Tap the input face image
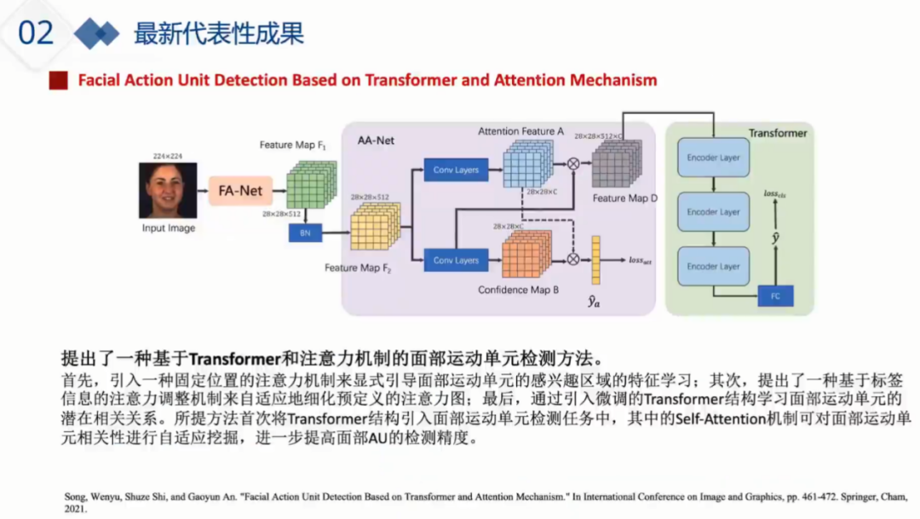point(168,191)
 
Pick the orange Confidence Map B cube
point(525,255)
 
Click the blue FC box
point(775,296)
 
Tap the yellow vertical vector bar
point(596,260)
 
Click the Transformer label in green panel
point(777,133)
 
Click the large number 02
point(36,33)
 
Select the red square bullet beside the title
point(58,80)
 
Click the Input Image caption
point(168,228)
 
